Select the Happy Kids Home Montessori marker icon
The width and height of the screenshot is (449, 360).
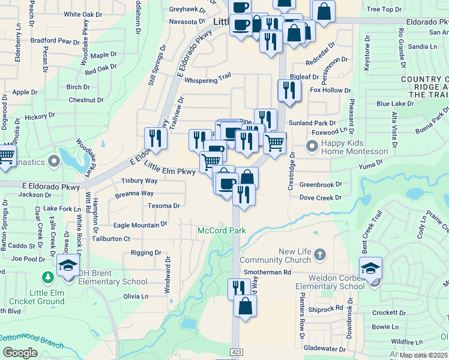click(x=312, y=146)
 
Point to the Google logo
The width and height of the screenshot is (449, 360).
click(x=20, y=353)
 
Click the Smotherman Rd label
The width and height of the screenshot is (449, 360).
click(x=267, y=272)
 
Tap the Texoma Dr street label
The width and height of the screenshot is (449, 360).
click(x=164, y=206)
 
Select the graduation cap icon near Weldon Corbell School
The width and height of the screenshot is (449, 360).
click(x=370, y=268)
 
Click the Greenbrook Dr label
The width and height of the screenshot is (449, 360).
click(x=321, y=185)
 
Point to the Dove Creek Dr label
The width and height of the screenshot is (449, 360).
click(x=321, y=197)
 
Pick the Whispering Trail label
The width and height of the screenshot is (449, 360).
click(x=208, y=79)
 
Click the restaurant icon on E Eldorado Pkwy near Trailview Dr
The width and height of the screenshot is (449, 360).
click(x=155, y=139)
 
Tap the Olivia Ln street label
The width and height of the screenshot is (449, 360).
click(x=136, y=296)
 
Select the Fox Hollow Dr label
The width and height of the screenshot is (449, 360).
click(x=330, y=91)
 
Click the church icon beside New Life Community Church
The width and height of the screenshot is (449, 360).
click(x=319, y=254)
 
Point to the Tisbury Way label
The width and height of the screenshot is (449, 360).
click(x=139, y=181)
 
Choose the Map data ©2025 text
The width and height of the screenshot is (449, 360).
click(x=423, y=355)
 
